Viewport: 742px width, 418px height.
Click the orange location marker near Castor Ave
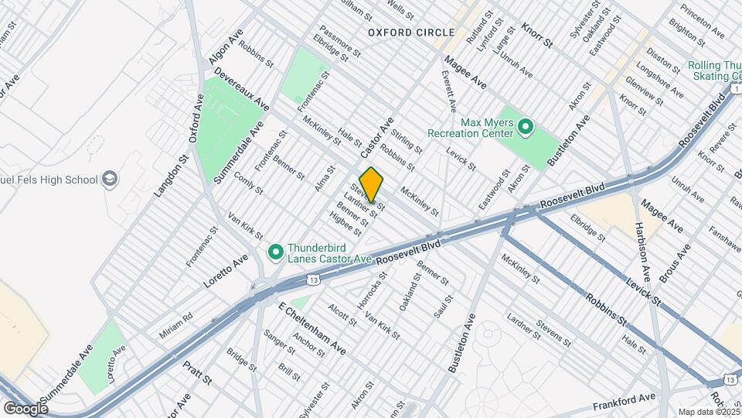tap(371, 186)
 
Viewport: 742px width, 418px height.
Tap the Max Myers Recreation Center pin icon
tap(526, 125)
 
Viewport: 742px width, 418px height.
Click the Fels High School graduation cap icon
tap(111, 180)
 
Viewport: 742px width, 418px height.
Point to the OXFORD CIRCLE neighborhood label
tap(410, 33)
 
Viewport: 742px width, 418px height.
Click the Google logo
tap(25, 408)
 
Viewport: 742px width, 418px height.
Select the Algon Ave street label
tap(226, 46)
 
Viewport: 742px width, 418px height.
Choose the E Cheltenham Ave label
tap(311, 327)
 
